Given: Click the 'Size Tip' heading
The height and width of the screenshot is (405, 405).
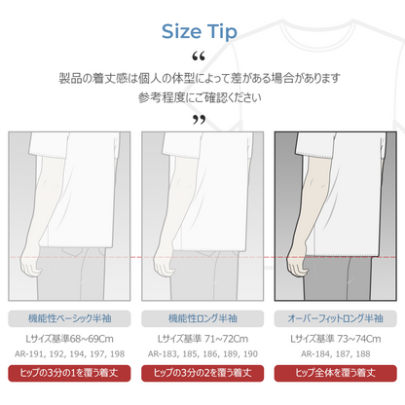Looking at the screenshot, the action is [x=200, y=32].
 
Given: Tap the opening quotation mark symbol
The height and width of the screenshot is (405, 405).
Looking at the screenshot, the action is [x=199, y=56].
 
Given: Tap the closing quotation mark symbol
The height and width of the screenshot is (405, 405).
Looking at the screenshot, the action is [x=199, y=120].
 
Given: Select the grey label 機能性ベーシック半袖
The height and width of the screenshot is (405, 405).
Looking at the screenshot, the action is [x=69, y=318].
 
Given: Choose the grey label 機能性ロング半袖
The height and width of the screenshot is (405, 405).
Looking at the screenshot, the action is [x=202, y=318].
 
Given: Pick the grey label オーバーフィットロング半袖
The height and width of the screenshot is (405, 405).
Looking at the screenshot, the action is [x=336, y=318].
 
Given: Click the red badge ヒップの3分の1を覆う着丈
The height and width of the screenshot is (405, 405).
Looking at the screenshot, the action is [x=69, y=373].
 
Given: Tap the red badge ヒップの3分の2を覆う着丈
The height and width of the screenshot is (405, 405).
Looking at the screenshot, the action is [x=202, y=373].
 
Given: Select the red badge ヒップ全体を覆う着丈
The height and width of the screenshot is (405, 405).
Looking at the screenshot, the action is [x=336, y=373].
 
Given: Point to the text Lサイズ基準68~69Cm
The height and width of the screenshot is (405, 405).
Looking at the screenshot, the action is [x=69, y=339].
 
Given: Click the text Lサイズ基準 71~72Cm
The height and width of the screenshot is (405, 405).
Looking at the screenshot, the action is [x=202, y=339].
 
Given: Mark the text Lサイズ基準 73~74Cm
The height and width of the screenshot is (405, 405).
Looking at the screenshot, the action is [x=336, y=339].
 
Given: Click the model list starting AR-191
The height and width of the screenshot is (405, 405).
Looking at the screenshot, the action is [x=69, y=354].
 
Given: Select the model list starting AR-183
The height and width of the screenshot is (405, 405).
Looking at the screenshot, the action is [x=202, y=354].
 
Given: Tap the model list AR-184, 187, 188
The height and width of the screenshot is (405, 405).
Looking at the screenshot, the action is [x=336, y=354].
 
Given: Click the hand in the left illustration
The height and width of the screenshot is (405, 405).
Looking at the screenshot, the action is [x=30, y=262].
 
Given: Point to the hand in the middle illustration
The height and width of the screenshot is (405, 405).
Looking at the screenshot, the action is [x=164, y=262].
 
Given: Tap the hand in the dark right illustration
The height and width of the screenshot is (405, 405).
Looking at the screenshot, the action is [x=296, y=262].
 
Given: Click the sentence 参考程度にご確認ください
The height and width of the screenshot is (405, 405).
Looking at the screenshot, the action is [x=200, y=97].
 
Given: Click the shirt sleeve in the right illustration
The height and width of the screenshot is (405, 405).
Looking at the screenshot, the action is [x=315, y=145].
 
